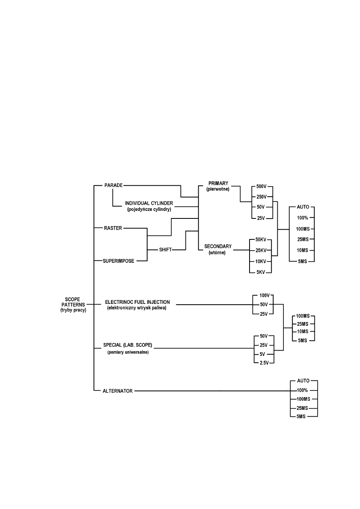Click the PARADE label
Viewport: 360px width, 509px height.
coord(113,185)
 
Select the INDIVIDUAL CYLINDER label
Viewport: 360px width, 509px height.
coord(149,203)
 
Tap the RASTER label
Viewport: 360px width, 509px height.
coord(113,228)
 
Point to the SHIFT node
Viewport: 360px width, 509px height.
coord(165,250)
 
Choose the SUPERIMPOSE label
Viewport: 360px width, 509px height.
coord(119,261)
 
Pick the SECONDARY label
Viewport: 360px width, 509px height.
coord(218,246)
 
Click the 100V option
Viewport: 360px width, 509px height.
coord(264,295)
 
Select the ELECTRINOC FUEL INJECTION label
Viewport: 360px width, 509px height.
coord(137,302)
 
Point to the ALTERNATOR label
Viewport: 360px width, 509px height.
coord(118,391)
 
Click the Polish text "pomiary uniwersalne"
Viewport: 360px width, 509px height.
coord(128,353)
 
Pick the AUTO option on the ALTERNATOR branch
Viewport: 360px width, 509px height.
coord(303,380)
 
